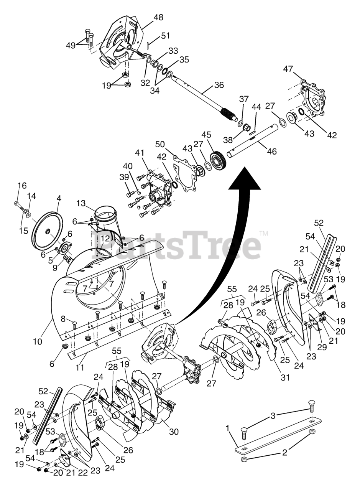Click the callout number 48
coord(158,17)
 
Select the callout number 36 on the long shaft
coord(219,85)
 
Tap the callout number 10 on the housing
coord(38,341)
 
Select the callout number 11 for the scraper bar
coord(79,367)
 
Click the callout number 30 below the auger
coord(174,432)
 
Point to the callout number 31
coord(284,377)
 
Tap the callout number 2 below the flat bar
coord(284,453)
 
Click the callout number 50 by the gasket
coord(160,144)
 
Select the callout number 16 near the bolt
coord(22,186)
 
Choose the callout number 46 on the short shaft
coord(271,152)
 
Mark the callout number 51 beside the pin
coord(165,36)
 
